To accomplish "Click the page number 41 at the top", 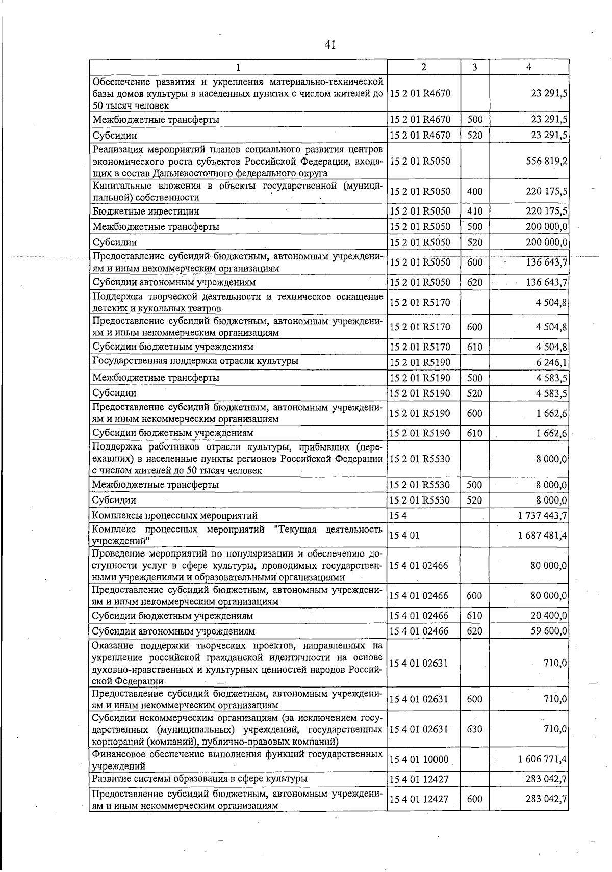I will [330, 45].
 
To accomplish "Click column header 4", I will [529, 67].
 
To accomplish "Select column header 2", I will [424, 67].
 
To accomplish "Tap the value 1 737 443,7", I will [542, 515].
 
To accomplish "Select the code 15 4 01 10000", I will [419, 759].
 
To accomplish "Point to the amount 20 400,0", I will [549, 616].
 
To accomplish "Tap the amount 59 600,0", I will [549, 631].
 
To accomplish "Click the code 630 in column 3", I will [474, 729].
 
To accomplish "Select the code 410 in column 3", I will [474, 211].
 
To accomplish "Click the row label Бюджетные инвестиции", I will [146, 211].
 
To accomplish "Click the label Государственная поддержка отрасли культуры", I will [195, 361].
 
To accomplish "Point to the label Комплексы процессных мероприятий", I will [174, 515].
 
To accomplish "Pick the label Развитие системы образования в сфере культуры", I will [199, 779].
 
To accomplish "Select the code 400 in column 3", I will [474, 192].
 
